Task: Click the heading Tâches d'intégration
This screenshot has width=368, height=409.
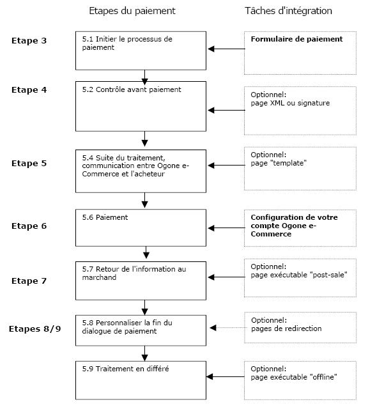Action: (x=288, y=11)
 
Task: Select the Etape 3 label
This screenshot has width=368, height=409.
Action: (x=29, y=41)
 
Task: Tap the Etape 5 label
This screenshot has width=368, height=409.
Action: (x=29, y=164)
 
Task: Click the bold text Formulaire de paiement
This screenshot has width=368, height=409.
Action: (x=296, y=39)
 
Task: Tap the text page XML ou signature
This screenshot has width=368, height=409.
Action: (x=290, y=103)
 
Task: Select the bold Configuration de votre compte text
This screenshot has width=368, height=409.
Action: (x=294, y=217)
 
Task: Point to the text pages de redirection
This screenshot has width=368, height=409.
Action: (x=286, y=328)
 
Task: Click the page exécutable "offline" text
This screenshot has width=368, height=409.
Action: (x=294, y=377)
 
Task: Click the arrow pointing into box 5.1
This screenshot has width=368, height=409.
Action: (x=226, y=48)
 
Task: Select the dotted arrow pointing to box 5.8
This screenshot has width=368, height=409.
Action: (x=226, y=327)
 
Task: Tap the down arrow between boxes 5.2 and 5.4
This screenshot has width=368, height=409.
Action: (x=145, y=139)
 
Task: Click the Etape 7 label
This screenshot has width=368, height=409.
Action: (x=29, y=281)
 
